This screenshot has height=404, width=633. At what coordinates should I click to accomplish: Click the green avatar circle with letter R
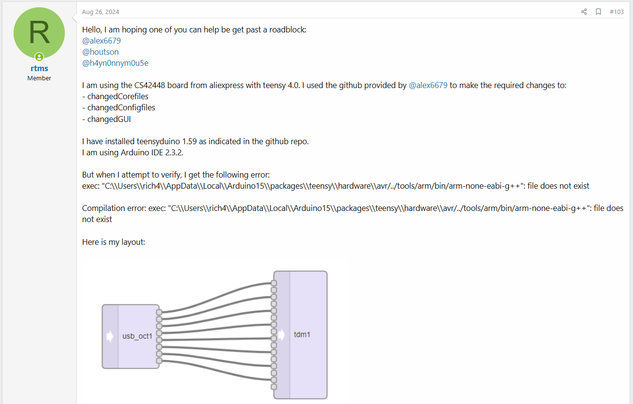tap(39, 33)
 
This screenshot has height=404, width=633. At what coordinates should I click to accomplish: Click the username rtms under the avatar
tap(39, 68)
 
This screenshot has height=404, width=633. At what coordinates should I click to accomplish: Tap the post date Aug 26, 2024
tap(100, 12)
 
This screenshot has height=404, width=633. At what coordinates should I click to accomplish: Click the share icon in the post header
tap(584, 12)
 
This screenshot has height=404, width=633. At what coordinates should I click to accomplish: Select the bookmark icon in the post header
tap(598, 12)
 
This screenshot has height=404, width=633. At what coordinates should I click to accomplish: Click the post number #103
tap(617, 12)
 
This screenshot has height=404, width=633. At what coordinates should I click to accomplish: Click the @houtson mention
tap(100, 52)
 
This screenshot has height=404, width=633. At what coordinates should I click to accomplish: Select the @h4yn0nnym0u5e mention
tap(115, 63)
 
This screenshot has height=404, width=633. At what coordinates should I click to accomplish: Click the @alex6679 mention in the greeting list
tap(101, 41)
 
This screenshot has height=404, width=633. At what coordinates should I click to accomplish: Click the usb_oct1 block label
tap(137, 336)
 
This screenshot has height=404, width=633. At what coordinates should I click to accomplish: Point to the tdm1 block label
tap(302, 334)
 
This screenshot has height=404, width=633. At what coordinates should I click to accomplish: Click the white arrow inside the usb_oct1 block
tap(110, 336)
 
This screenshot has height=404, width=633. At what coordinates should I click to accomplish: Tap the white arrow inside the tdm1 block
tap(282, 334)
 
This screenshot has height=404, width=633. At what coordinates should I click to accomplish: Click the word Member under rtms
tap(39, 78)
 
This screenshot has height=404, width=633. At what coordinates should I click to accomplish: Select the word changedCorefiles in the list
tap(118, 96)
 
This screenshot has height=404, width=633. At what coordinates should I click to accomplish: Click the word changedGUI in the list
tap(109, 119)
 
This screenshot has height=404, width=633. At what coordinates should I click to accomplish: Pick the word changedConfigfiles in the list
tap(121, 107)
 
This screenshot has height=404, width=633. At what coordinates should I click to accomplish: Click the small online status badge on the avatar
tap(39, 57)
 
